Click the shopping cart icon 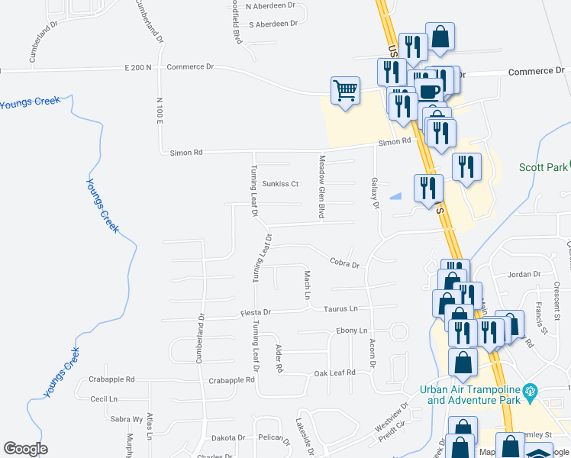tap(345, 90)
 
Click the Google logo tap(25, 448)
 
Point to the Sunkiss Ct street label tap(279, 184)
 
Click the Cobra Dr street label tap(344, 264)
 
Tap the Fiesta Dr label tap(256, 312)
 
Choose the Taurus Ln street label tap(340, 308)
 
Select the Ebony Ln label tap(352, 331)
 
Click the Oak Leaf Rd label tap(335, 373)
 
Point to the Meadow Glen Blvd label tap(321, 187)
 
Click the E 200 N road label tap(138, 67)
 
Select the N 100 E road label tap(160, 111)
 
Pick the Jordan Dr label tap(524, 274)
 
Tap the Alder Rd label tap(279, 358)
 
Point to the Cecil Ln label tap(104, 399)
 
